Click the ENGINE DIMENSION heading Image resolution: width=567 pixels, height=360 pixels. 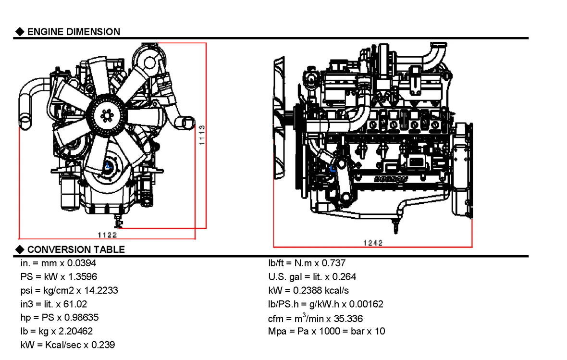tap(73, 32)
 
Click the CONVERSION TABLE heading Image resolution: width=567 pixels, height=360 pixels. tap(75, 249)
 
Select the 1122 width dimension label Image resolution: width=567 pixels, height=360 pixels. tap(107, 235)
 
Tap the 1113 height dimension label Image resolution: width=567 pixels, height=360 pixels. tap(202, 136)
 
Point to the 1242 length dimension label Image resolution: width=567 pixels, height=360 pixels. tap(373, 243)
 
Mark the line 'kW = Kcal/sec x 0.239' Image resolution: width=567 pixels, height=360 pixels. tap(67, 345)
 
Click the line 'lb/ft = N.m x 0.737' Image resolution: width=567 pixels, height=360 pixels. tap(307, 263)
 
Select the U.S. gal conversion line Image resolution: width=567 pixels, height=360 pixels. tap(312, 276)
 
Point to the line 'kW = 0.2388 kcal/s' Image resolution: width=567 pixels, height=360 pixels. tap(308, 290)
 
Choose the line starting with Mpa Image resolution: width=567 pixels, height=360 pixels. tap(326, 331)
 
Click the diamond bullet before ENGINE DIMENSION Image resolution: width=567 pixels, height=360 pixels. tap(20, 32)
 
